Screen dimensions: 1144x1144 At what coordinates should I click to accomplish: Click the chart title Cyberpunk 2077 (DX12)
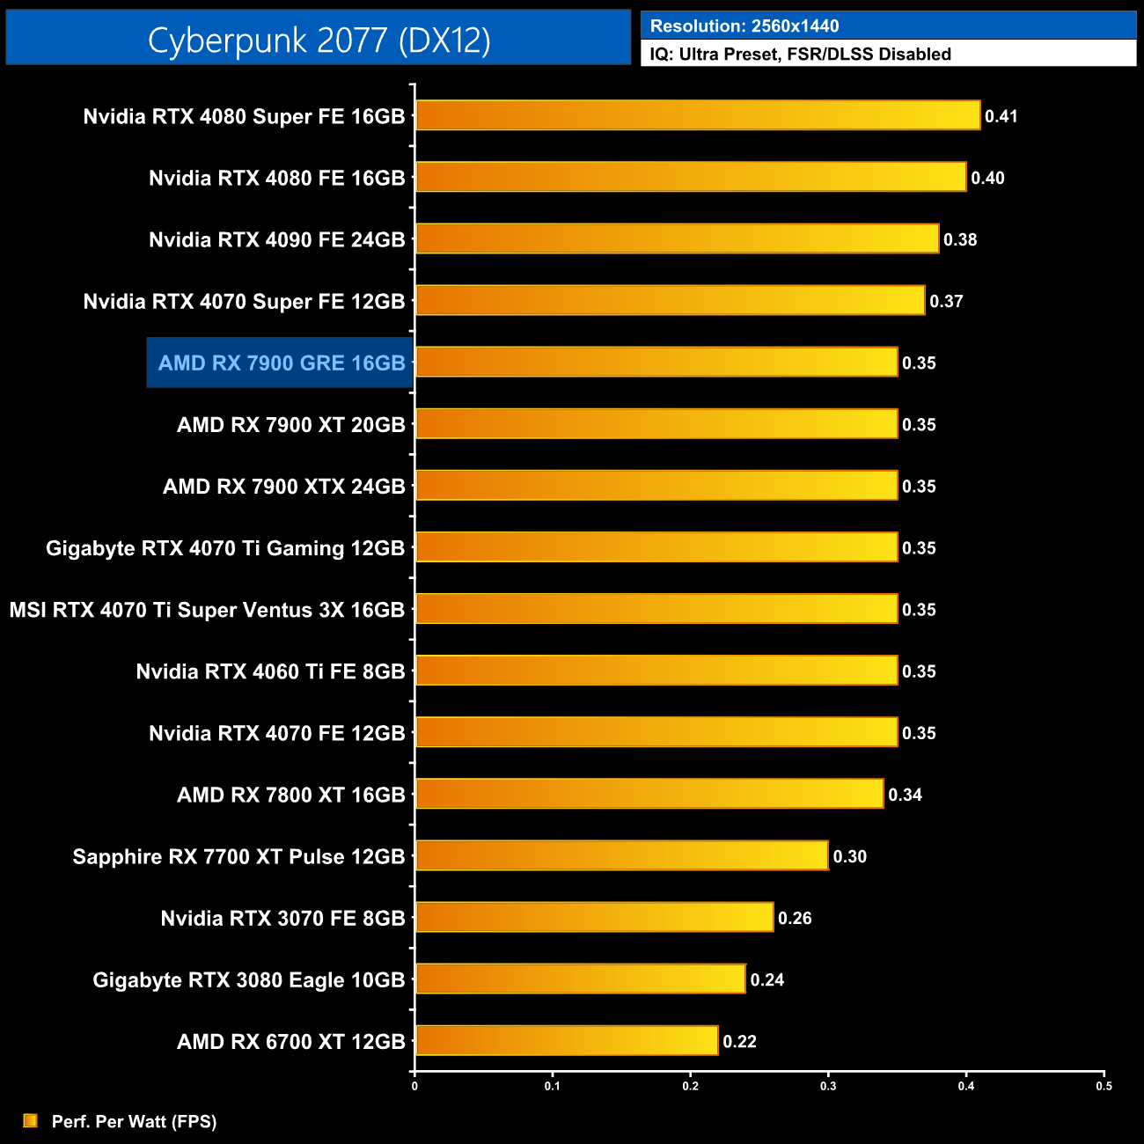tap(319, 40)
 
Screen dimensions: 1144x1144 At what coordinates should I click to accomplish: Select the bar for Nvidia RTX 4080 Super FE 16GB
tap(697, 115)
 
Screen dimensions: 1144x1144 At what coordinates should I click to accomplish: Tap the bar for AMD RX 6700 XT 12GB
tap(567, 1040)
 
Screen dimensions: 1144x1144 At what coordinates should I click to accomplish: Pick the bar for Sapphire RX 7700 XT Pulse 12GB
tap(621, 855)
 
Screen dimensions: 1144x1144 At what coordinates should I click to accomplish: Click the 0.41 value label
tap(1001, 116)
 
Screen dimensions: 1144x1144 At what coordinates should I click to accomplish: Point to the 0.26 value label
tap(795, 918)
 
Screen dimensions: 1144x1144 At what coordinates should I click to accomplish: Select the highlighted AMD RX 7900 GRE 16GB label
tap(281, 363)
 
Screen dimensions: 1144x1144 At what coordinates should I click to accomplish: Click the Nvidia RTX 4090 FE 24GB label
tap(276, 239)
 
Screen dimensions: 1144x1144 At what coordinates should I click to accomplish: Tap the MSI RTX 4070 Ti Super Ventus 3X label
tap(207, 610)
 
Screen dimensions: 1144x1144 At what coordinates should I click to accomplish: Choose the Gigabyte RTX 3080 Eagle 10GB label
tap(249, 979)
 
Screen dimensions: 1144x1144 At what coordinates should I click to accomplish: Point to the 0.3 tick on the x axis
tap(828, 1086)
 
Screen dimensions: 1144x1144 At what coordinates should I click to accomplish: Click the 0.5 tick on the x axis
tap(1104, 1086)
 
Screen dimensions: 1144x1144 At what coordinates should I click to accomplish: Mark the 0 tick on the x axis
tap(414, 1086)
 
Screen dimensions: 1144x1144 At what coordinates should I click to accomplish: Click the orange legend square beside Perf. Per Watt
tap(31, 1120)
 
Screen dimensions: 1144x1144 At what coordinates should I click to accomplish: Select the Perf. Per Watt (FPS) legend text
tap(134, 1121)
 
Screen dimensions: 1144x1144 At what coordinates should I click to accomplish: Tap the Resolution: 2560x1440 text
tap(744, 26)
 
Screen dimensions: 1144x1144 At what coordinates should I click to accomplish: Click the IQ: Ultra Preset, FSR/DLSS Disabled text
tap(800, 55)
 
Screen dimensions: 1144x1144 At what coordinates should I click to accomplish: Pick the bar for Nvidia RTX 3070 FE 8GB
tap(594, 917)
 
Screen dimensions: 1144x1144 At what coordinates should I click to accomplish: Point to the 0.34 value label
tap(905, 795)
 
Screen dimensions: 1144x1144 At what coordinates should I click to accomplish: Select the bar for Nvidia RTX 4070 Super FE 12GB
tap(670, 300)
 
